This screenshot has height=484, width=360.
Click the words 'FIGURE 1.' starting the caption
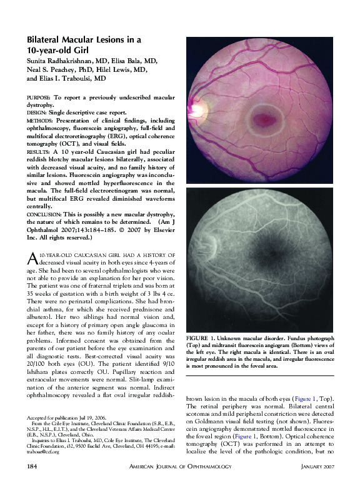click(201, 338)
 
